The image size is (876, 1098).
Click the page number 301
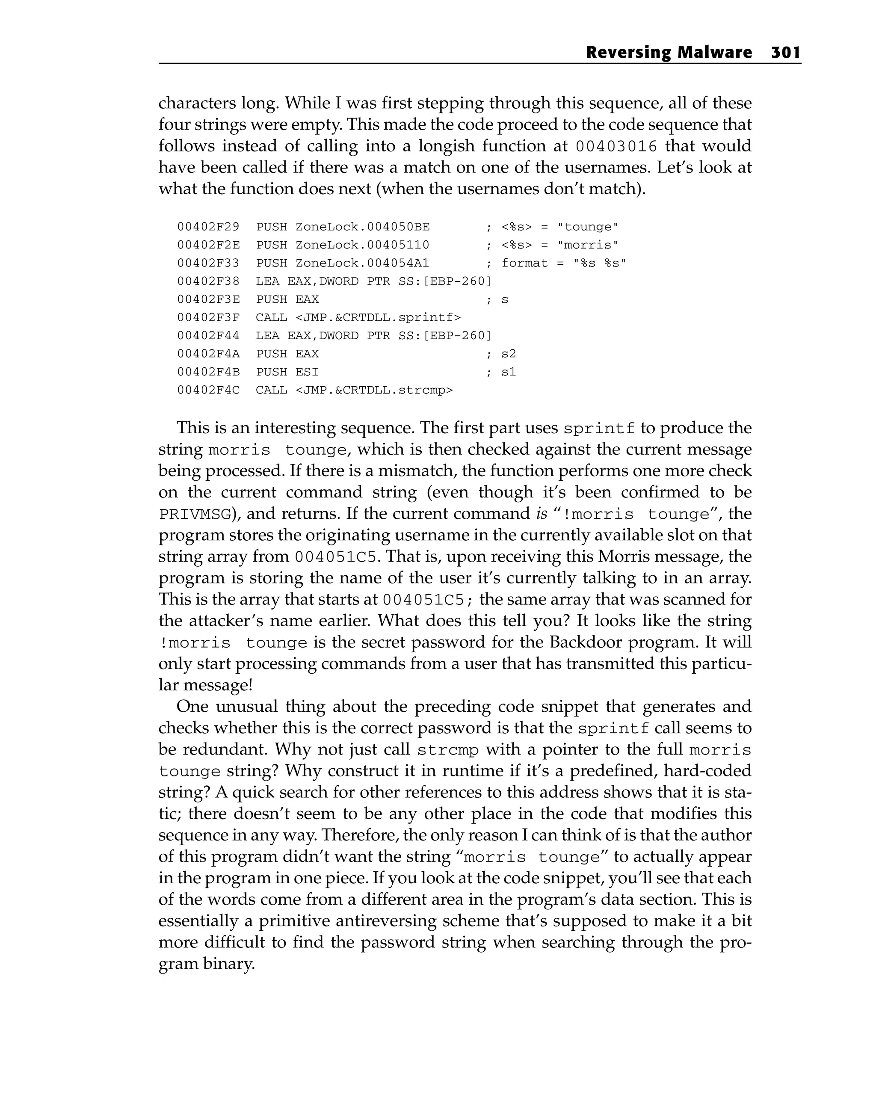[785, 53]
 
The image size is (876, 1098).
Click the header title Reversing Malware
[669, 53]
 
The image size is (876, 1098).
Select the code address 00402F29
[208, 227]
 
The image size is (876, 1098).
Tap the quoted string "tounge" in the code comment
[588, 227]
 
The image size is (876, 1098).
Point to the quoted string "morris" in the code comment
[588, 245]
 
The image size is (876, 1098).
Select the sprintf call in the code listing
[358, 318]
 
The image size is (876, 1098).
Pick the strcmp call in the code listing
[354, 391]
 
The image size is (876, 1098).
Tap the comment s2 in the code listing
[508, 354]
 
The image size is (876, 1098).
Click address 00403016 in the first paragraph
[616, 147]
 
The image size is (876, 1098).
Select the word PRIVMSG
[195, 515]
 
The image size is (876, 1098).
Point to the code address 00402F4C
[208, 391]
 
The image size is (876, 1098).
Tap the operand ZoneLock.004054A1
[362, 263]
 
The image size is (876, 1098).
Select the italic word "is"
[542, 513]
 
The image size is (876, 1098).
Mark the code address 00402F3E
[208, 299]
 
